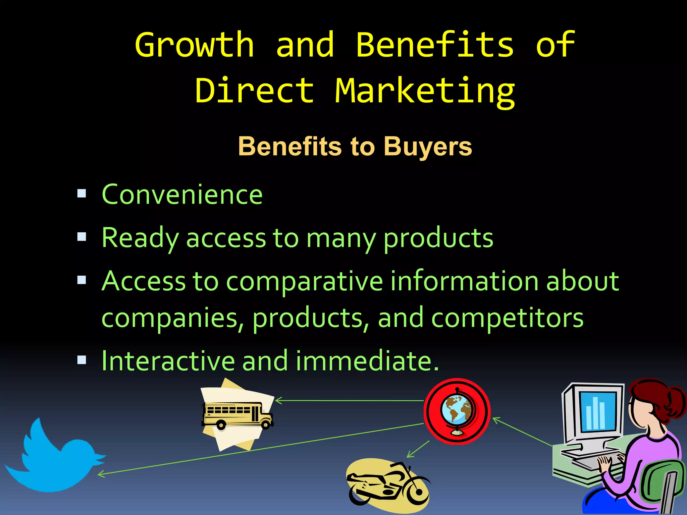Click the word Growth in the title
click(194, 45)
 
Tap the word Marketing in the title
click(425, 91)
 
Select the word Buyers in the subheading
click(428, 147)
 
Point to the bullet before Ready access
click(82, 237)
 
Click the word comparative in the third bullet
click(305, 281)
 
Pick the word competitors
click(507, 318)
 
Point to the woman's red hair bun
click(674, 402)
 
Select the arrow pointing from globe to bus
click(349, 400)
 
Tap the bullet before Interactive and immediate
click(82, 360)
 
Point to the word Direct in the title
click(255, 91)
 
